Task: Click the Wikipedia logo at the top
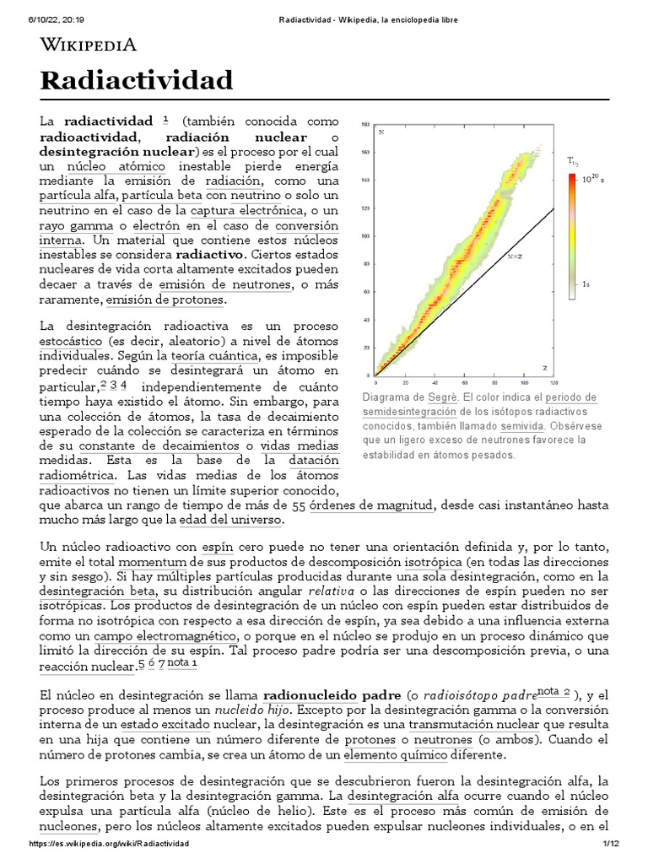89,45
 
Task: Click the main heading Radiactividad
136,81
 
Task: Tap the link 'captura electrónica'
246,210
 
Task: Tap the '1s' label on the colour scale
586,286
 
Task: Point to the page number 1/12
610,845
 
